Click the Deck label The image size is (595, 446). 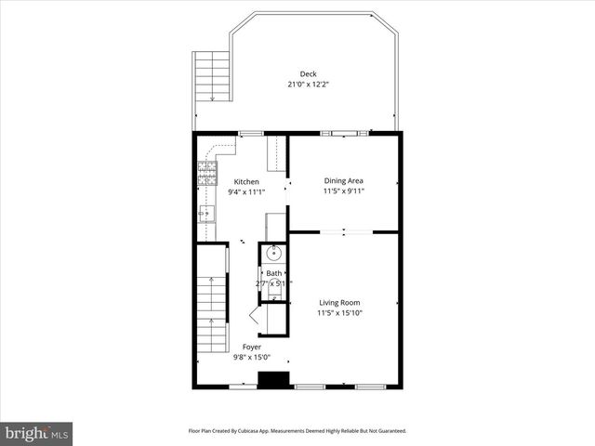307,74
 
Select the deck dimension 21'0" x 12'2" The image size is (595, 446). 308,85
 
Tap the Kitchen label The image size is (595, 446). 246,182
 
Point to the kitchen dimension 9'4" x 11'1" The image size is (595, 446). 246,192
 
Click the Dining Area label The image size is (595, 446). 343,181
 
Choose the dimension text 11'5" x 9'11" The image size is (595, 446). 343,191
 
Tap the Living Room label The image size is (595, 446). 339,303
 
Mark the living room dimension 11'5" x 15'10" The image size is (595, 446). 339,313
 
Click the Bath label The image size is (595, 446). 274,273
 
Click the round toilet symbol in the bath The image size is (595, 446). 274,252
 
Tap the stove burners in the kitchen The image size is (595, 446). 206,169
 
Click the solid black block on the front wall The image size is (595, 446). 272,380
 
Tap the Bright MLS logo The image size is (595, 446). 36,433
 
